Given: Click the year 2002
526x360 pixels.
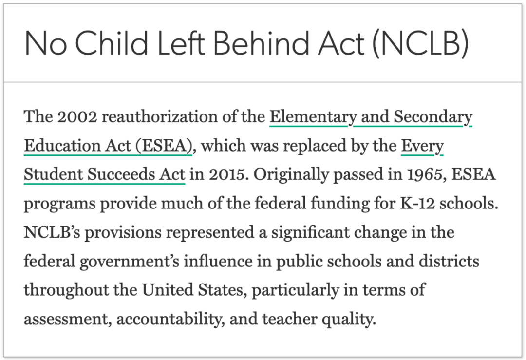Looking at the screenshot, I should coord(77,117).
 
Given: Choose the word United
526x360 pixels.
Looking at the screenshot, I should coord(169,290).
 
